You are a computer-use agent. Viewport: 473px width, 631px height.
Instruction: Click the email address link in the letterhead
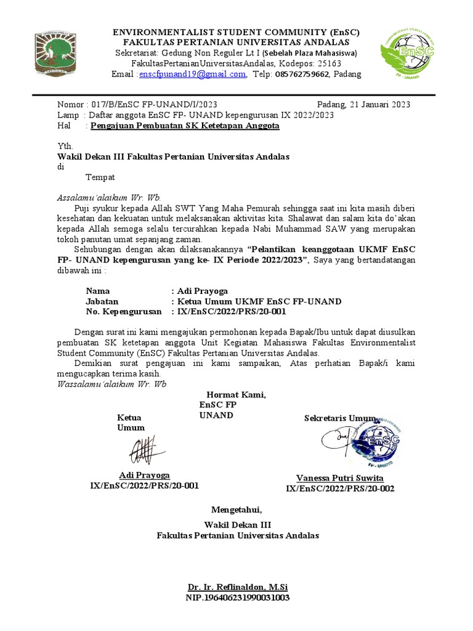click(x=192, y=75)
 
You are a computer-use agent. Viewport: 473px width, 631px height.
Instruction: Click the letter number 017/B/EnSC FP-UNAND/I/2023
click(x=154, y=104)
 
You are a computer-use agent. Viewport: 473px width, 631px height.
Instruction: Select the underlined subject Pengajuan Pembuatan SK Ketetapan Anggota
click(x=185, y=126)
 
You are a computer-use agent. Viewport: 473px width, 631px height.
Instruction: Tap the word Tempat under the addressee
click(x=100, y=177)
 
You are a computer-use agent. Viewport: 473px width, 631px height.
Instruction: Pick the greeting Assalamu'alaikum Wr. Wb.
click(x=109, y=198)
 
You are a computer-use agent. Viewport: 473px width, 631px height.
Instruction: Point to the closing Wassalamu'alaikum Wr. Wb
click(x=111, y=384)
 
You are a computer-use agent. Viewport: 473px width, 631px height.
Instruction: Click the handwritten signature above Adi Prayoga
click(x=145, y=451)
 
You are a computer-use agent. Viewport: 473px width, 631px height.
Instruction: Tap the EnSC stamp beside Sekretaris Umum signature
click(x=381, y=442)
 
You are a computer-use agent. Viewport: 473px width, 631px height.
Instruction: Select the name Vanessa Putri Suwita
click(x=340, y=478)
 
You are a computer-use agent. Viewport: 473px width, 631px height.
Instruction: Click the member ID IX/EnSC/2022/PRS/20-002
click(x=340, y=489)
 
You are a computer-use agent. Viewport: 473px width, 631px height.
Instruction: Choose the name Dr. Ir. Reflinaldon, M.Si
click(x=238, y=587)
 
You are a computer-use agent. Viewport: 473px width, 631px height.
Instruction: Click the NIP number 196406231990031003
click(x=238, y=598)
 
